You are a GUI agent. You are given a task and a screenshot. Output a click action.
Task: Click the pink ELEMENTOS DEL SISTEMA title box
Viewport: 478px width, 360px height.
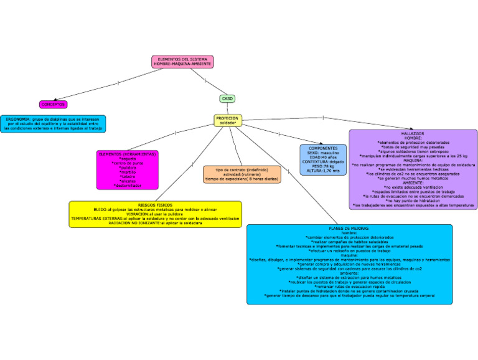[182, 61]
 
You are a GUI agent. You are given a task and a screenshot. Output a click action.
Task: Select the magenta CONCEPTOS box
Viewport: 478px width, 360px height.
[53, 105]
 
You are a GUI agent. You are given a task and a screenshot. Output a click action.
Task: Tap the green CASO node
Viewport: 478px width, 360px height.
[227, 98]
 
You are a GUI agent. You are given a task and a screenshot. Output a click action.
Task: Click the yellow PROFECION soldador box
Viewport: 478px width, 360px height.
[227, 120]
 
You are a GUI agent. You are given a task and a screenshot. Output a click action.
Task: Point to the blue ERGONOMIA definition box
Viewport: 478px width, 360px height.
[53, 123]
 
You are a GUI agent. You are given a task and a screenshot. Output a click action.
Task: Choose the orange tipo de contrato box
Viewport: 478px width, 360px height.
[242, 174]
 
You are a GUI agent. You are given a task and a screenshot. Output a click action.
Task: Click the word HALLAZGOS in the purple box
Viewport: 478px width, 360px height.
[413, 134]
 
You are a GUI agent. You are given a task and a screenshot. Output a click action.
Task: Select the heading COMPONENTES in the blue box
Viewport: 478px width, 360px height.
[323, 148]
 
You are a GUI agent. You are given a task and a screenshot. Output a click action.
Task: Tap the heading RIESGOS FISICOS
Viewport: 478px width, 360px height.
[155, 204]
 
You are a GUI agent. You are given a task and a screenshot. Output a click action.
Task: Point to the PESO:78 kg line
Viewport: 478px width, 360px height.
[323, 166]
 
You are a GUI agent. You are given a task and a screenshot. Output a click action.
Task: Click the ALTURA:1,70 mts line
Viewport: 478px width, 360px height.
[323, 171]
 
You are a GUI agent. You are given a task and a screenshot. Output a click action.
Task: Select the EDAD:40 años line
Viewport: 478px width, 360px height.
[323, 157]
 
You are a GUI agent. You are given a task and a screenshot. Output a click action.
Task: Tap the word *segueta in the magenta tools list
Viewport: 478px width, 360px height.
[128, 159]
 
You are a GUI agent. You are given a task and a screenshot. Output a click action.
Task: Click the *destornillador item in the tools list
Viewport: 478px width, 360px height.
[128, 186]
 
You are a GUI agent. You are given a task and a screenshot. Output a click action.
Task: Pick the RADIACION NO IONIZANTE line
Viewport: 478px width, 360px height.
[155, 223]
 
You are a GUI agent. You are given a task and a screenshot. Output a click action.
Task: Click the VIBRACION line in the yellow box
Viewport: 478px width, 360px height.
[155, 214]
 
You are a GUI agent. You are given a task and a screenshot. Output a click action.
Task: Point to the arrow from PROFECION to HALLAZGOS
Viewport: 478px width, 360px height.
[324, 118]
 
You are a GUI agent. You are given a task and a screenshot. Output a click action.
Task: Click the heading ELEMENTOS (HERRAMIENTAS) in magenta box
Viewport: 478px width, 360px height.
[128, 154]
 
